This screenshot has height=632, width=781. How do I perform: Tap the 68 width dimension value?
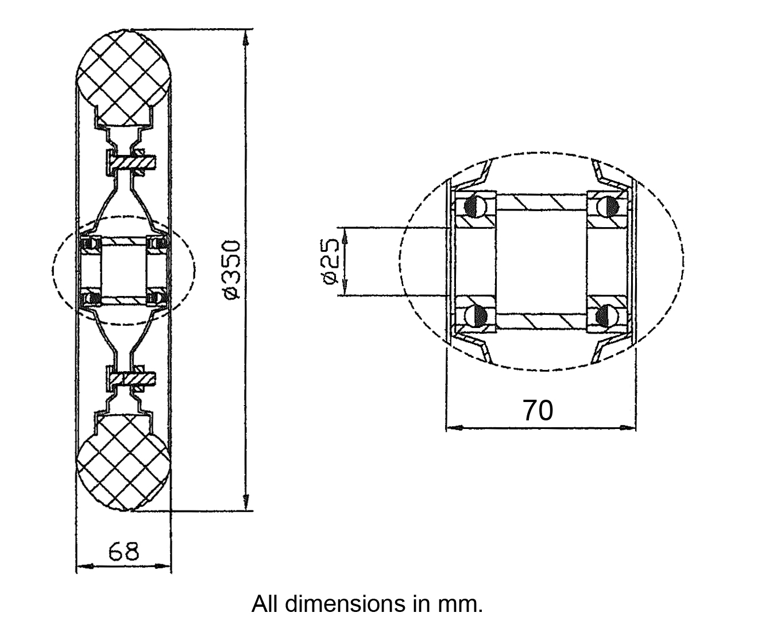point(123,552)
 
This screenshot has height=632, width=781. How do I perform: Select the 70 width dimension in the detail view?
point(538,411)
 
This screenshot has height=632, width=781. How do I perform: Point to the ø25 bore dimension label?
point(329,262)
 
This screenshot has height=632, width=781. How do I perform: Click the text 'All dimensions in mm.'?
point(367,604)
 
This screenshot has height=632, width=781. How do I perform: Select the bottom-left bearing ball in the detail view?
point(474,315)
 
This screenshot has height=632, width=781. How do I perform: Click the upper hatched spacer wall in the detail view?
point(540,202)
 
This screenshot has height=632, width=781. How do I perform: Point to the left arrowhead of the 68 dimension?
point(82,567)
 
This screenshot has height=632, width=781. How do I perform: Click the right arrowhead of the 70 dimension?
point(630,427)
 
